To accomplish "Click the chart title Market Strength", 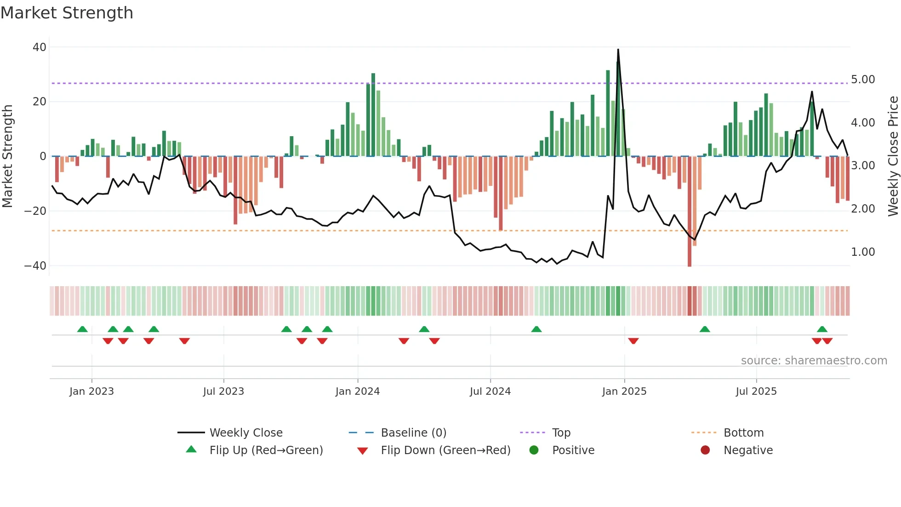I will pyautogui.click(x=67, y=13).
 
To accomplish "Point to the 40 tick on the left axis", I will pyautogui.click(x=40, y=47).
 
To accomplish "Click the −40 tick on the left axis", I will pyautogui.click(x=35, y=266).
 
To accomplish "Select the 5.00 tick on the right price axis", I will pyautogui.click(x=863, y=80).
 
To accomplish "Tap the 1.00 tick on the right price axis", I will pyautogui.click(x=863, y=252).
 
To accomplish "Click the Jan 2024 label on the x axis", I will pyautogui.click(x=357, y=392).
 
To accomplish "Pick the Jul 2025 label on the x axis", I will pyautogui.click(x=756, y=392).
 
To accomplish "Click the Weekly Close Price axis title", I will pyautogui.click(x=893, y=156).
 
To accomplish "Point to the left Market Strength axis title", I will pyautogui.click(x=8, y=156).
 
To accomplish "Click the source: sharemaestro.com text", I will pyautogui.click(x=814, y=361).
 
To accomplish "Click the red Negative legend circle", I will pyautogui.click(x=705, y=450).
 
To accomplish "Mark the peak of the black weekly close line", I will pyautogui.click(x=618, y=50).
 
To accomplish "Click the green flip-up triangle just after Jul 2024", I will pyautogui.click(x=536, y=329).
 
